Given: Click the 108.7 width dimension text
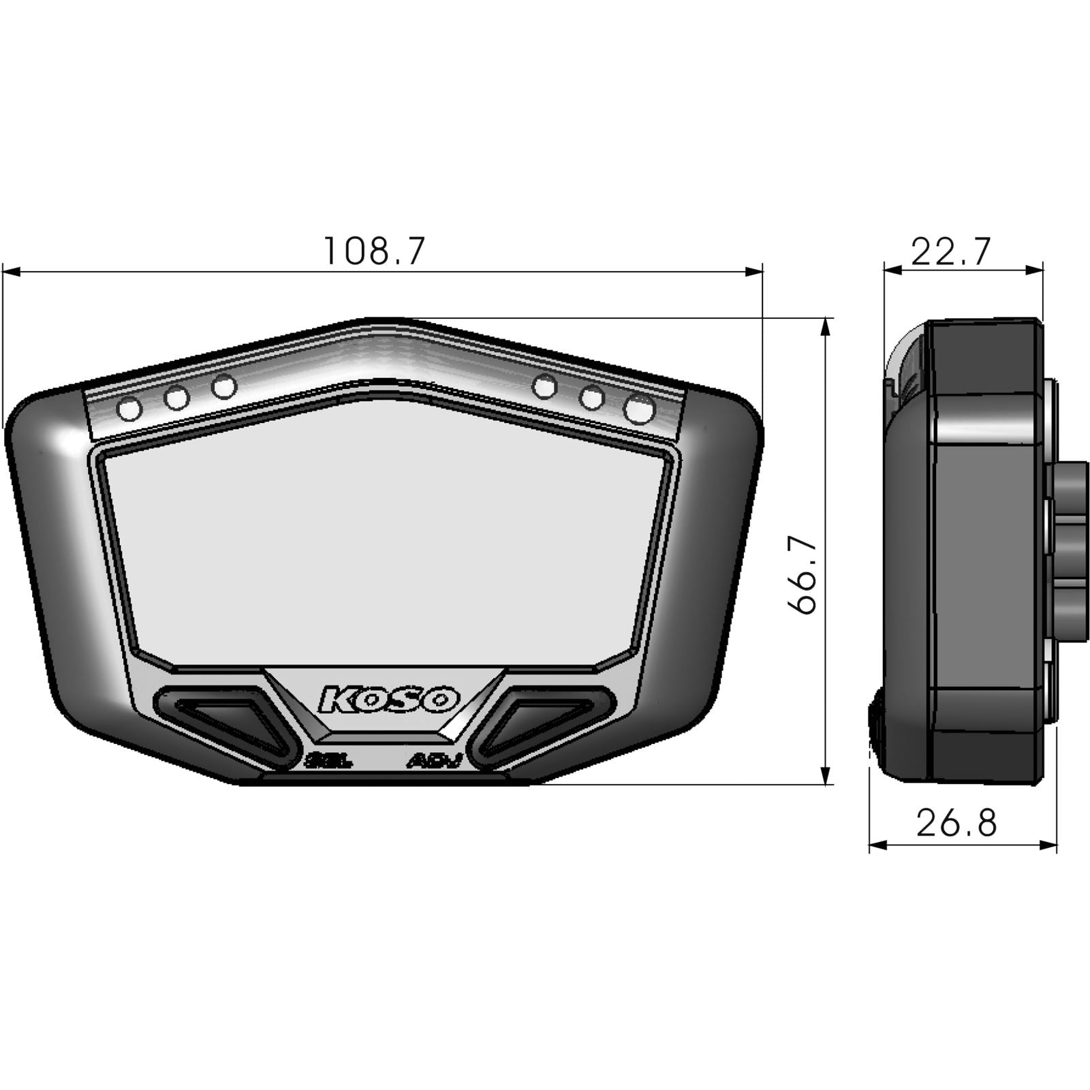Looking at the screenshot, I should point(373,251).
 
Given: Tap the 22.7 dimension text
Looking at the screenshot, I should point(950,252).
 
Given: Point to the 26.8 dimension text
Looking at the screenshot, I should point(956,823).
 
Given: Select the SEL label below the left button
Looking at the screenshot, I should point(330,761).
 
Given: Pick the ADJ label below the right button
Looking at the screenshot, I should point(435,761).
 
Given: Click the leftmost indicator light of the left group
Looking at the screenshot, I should point(129,409).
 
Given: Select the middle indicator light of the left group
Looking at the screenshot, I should point(177,397).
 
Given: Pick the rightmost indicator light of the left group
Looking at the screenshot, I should point(223,387).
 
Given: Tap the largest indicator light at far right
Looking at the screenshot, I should point(640,409).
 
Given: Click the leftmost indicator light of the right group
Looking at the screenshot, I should point(544,386).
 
